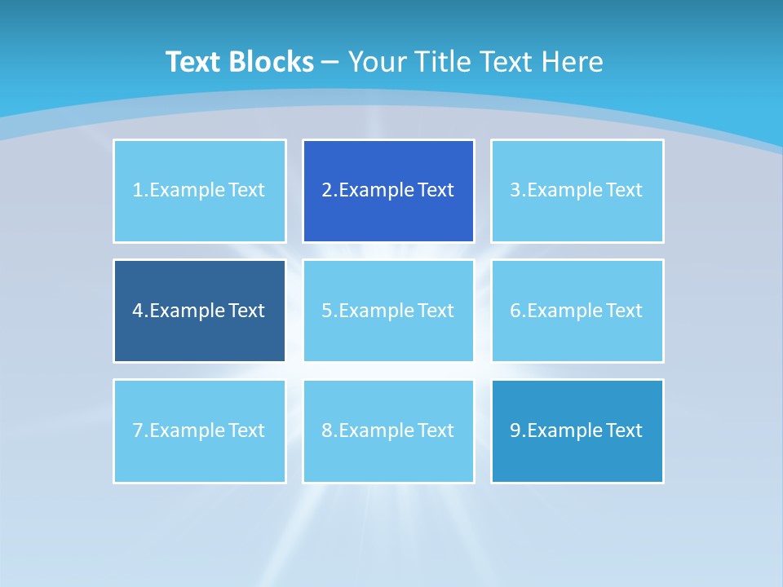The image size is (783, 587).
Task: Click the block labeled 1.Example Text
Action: click(x=199, y=191)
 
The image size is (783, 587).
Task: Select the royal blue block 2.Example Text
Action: click(x=388, y=191)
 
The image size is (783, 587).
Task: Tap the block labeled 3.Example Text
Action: click(x=577, y=191)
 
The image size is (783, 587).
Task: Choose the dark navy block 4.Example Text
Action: click(x=199, y=311)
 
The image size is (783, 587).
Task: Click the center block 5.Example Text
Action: click(x=388, y=311)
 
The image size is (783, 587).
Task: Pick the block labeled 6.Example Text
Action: click(x=577, y=311)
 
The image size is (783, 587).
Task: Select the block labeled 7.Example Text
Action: click(x=199, y=430)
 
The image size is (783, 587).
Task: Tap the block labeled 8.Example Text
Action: click(x=388, y=430)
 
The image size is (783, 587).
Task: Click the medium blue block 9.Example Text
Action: click(x=577, y=430)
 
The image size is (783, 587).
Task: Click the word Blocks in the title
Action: click(x=273, y=62)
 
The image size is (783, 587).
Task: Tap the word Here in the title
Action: click(x=573, y=62)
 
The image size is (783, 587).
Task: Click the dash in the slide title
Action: click(x=330, y=62)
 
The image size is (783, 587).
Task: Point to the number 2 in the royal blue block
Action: click(x=326, y=191)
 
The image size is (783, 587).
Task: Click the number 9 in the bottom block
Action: click(x=515, y=430)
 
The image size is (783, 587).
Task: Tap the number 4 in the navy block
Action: click(x=138, y=311)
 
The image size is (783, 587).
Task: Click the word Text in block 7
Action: click(x=246, y=430)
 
